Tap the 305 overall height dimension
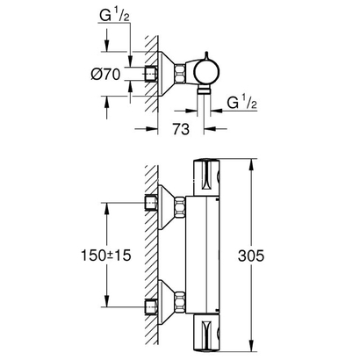coord(277,255)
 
